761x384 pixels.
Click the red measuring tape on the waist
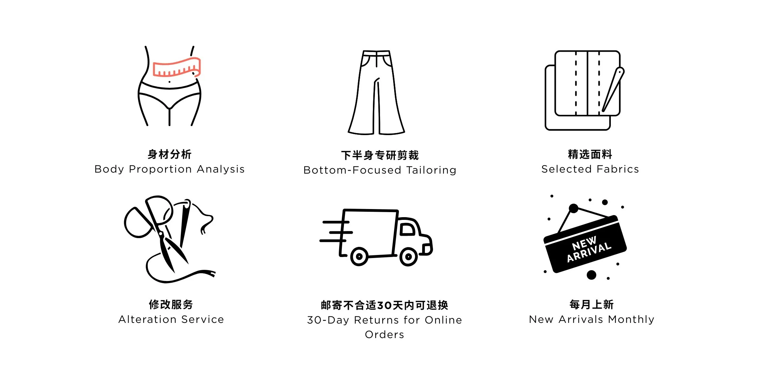click(176, 68)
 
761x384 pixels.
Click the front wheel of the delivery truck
click(408, 257)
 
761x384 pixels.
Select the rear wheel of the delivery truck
click(359, 257)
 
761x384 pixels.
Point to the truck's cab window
click(407, 229)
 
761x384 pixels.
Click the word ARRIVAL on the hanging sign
click(589, 252)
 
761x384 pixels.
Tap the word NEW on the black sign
click(584, 242)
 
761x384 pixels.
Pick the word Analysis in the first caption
click(221, 169)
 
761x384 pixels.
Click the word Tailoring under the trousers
click(431, 170)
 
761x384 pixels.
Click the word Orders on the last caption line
click(384, 334)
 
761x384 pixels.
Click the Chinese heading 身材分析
click(169, 154)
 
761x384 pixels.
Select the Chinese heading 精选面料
click(590, 154)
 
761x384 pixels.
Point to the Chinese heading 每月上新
click(591, 304)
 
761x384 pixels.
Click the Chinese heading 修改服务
click(171, 304)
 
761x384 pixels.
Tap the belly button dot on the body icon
click(169, 82)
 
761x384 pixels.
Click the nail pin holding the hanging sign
click(573, 208)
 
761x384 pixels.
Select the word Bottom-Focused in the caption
click(352, 170)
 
